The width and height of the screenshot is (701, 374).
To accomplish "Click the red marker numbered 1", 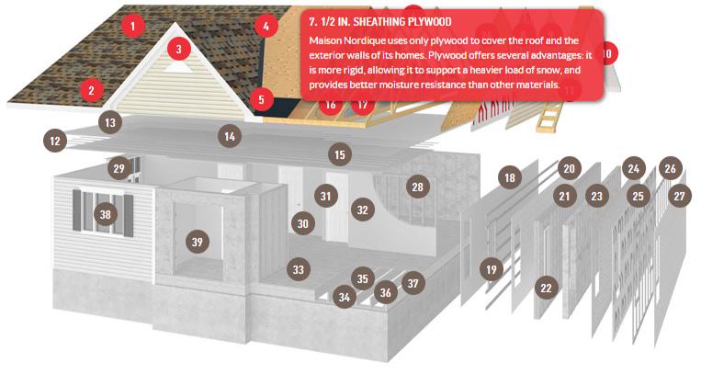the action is pos(132,26).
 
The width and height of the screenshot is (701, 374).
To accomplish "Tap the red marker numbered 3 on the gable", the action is pos(179,49).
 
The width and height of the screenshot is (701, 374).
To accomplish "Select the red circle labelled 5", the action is pos(262,99).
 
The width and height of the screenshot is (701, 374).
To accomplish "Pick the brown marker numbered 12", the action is pos(55,142).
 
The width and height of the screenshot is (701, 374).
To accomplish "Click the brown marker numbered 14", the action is pos(230,136).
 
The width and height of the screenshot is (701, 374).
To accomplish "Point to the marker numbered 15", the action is pos(340,154).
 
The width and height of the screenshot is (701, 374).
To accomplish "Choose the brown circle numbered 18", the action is pos(510,177).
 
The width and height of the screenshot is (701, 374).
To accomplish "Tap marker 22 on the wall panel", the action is pos(546,288).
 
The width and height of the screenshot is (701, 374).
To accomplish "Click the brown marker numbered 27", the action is pos(679,196).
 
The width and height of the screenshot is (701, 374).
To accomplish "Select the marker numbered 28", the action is pos(417,187).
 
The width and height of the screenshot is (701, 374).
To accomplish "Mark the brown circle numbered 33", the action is pos(299,269).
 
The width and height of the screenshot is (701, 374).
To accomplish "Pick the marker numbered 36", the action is pos(385,292).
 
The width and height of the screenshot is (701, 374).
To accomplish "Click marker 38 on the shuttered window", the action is pos(105,214).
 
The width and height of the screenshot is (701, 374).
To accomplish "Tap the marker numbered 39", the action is pos(198,242).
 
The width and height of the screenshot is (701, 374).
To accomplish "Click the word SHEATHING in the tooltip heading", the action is pos(380,21).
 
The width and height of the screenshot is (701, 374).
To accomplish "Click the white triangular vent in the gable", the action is pos(178,67).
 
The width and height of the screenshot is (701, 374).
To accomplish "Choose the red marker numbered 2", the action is pos(92,90).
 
